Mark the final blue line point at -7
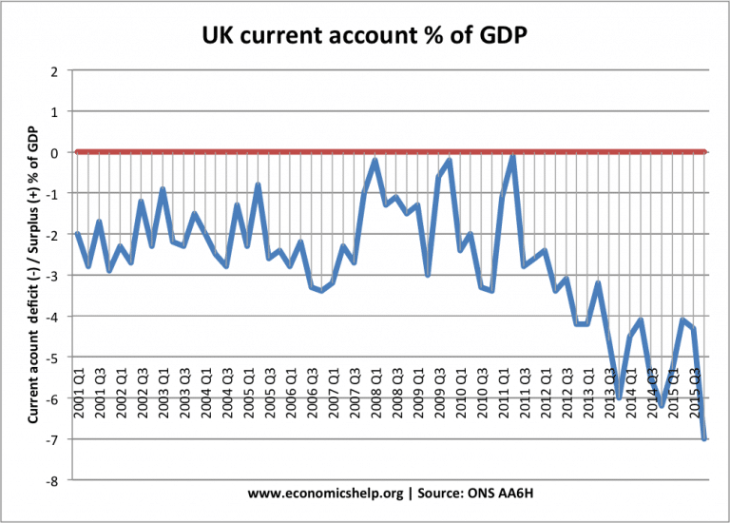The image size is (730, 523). (x=704, y=438)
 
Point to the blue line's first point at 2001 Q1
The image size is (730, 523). (x=77, y=234)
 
